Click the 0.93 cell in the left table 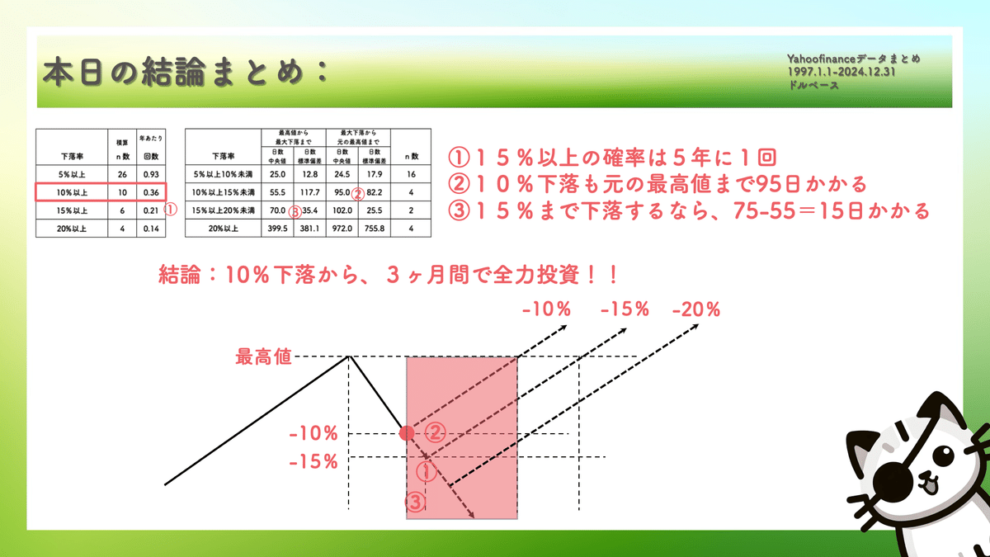tap(149, 175)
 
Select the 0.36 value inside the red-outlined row tap(149, 192)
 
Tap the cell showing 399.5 tap(278, 227)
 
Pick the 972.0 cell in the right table tap(342, 227)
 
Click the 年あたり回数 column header tap(149, 147)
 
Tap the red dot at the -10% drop tap(405, 433)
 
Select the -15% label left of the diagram tap(314, 461)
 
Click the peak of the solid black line tap(349, 356)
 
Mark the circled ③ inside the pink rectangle tap(416, 502)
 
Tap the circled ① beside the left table tap(172, 210)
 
